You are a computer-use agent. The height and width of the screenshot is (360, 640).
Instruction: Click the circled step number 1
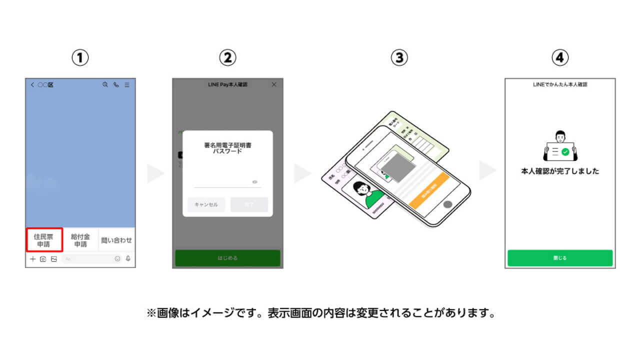pyautogui.click(x=80, y=58)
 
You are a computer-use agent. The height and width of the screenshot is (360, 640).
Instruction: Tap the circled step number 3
pyautogui.click(x=399, y=58)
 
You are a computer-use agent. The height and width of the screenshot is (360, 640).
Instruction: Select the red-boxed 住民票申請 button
pyautogui.click(x=44, y=240)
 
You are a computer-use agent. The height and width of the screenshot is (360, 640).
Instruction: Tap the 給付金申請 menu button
pyautogui.click(x=80, y=240)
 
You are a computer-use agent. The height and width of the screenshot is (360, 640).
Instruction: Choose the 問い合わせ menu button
pyautogui.click(x=116, y=240)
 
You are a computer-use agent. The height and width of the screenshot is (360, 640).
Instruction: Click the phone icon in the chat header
pyautogui.click(x=116, y=85)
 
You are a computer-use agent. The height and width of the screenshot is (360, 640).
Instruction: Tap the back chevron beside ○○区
pyautogui.click(x=32, y=85)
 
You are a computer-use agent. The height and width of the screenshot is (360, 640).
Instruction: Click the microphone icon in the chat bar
pyautogui.click(x=128, y=259)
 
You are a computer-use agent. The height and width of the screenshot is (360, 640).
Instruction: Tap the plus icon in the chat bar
pyautogui.click(x=32, y=259)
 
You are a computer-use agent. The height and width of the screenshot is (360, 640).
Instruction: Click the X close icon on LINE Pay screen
pyautogui.click(x=273, y=85)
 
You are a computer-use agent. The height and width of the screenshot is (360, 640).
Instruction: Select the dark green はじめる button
pyautogui.click(x=227, y=258)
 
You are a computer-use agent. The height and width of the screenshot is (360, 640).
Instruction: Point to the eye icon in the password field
pyautogui.click(x=255, y=182)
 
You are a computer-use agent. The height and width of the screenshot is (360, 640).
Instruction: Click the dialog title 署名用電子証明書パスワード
pyautogui.click(x=227, y=148)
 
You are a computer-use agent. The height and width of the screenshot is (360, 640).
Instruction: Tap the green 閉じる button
pyautogui.click(x=559, y=258)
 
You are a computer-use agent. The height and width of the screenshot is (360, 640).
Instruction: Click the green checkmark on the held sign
pyautogui.click(x=565, y=151)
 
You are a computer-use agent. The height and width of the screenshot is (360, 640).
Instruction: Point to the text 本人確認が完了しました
pyautogui.click(x=560, y=171)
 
